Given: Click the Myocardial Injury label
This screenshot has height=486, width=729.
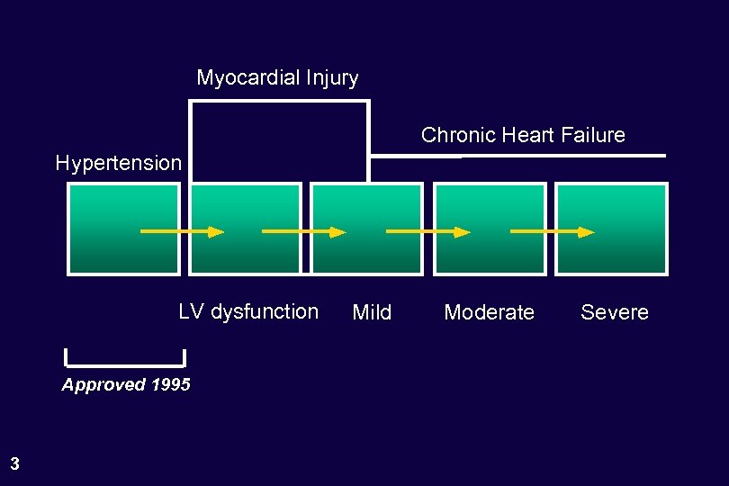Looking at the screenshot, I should coord(277,78).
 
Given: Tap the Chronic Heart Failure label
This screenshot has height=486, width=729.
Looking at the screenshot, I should coord(523,135).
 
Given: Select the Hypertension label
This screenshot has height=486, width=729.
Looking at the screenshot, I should coord(118,163).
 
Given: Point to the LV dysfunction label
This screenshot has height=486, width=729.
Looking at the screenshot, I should coord(248,311).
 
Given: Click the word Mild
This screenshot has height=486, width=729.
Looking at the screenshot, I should coord(372,312).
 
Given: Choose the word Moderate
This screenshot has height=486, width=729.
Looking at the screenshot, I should coord(489,312).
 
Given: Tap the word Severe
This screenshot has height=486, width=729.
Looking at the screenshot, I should coord(614,312).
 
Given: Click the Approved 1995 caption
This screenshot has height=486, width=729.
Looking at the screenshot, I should coord(126,385).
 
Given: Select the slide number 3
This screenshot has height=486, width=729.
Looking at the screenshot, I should coord(14,464).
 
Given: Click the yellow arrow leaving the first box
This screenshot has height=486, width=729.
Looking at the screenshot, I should coord(180,231).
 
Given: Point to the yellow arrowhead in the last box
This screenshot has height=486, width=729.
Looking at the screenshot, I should coord(586,231).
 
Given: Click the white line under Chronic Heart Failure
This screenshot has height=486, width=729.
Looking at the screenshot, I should coord(517,157).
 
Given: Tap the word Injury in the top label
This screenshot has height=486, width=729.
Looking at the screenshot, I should coord(334,78).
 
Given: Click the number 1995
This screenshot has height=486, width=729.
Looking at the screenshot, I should coord(170,385).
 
